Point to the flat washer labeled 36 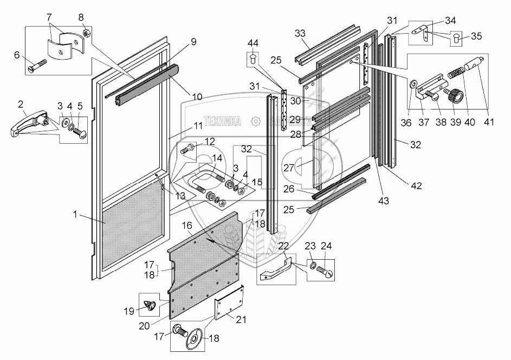[413, 85]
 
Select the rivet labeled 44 [253, 57]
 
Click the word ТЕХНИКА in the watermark [222, 121]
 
